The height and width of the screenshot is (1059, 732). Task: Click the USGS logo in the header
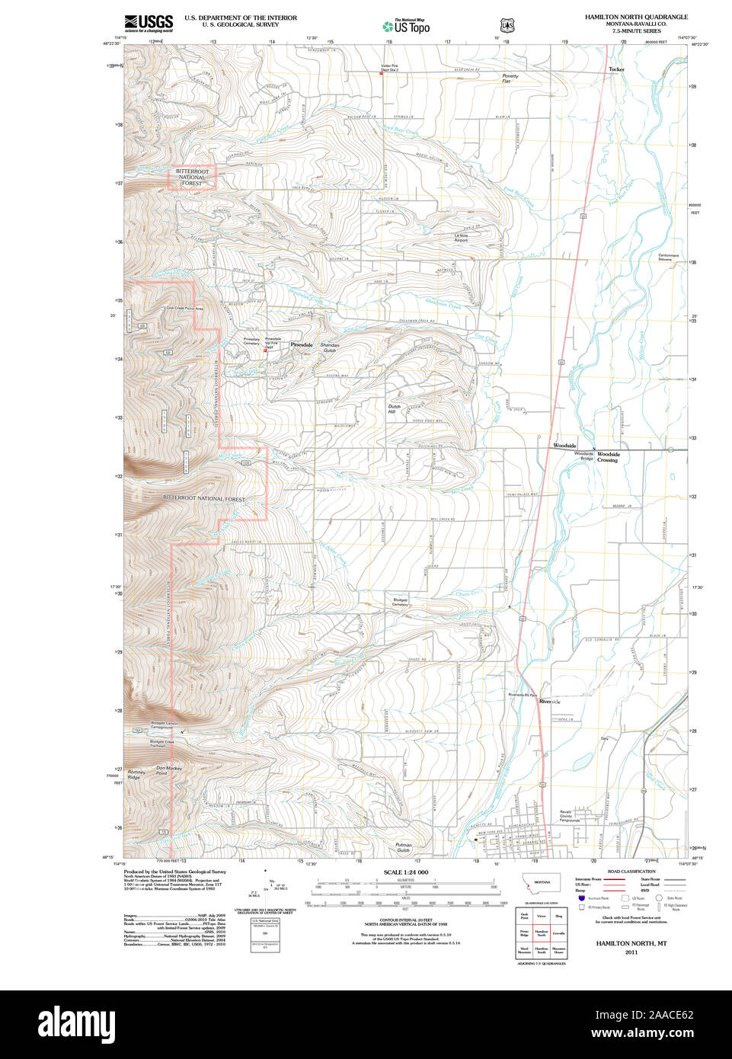[149, 22]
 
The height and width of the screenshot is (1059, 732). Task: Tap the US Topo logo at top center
[407, 27]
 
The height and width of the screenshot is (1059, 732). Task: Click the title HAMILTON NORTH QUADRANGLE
[636, 17]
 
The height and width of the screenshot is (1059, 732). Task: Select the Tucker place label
[615, 69]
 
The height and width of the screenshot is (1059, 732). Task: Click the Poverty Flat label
[510, 78]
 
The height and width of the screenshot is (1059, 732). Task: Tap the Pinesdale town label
[301, 345]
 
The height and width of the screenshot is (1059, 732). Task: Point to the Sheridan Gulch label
[329, 347]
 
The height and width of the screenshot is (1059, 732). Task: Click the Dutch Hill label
[394, 409]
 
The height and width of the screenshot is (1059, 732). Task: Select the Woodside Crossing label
[608, 457]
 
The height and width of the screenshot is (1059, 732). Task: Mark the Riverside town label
[549, 701]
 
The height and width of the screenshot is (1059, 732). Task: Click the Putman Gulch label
[403, 847]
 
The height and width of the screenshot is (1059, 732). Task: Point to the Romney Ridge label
[136, 775]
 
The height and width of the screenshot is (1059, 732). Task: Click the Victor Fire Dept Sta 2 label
[389, 68]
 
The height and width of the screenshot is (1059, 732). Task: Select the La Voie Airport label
[461, 238]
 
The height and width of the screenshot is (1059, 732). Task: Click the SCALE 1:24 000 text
[405, 872]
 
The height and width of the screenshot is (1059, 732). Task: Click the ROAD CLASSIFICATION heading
[631, 872]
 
